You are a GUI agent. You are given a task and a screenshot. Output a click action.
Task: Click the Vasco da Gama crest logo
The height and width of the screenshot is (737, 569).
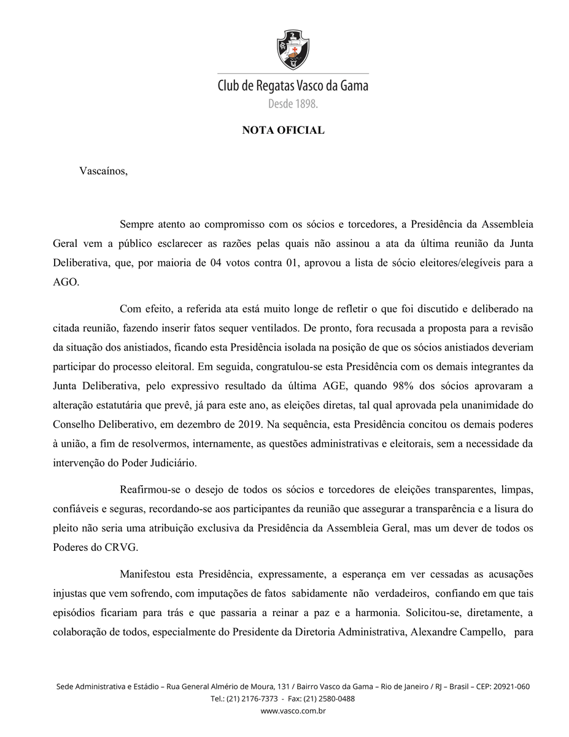[x=293, y=49]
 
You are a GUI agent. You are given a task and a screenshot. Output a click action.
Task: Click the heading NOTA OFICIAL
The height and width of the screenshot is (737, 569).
[x=283, y=130]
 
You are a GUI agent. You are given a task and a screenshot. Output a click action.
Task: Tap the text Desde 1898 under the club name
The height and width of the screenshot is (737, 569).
[x=293, y=104]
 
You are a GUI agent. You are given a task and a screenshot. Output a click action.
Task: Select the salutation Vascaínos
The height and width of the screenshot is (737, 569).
[x=103, y=171]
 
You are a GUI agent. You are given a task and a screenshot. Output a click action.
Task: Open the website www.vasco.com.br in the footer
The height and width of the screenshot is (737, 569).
[x=293, y=711]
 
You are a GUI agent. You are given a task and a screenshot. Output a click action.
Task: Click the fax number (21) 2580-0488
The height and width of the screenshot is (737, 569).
[x=329, y=699]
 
